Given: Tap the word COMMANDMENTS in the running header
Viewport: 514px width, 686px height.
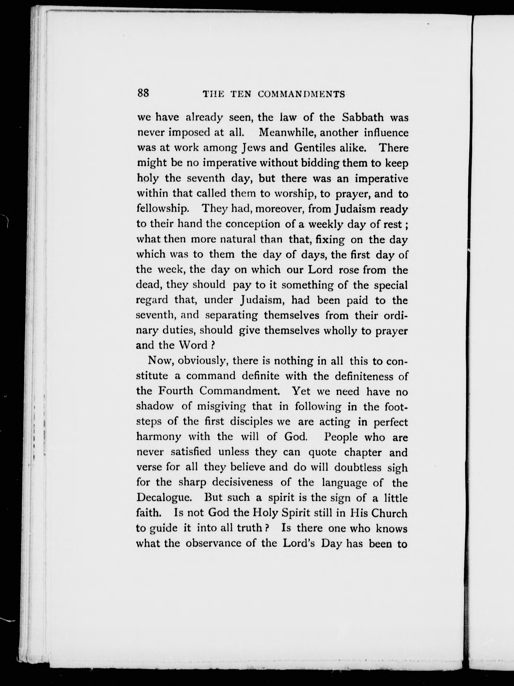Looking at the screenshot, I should [301, 94].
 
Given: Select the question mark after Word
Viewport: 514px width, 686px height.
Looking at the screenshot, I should [213, 345].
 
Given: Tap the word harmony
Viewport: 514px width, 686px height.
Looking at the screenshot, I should [159, 437].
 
